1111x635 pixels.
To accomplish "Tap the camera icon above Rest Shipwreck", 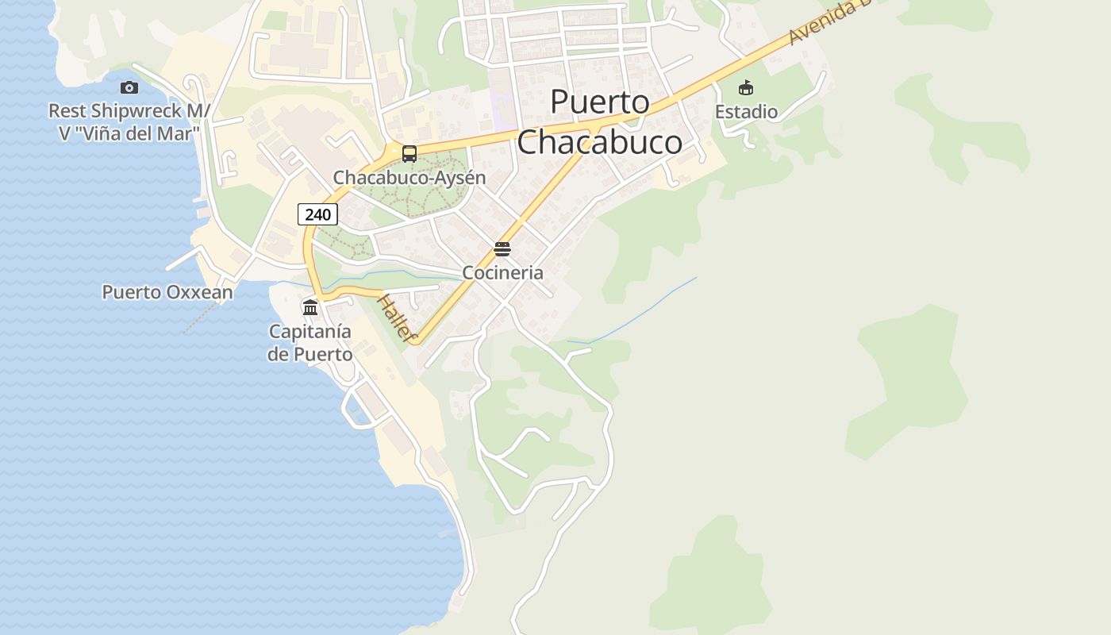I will (x=129, y=87).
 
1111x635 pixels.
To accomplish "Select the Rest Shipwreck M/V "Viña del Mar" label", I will (x=129, y=121).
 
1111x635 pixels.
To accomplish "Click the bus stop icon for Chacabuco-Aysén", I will (x=409, y=154).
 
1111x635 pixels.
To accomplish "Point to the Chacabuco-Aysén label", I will (x=409, y=177).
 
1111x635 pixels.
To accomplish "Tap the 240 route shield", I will (x=318, y=214).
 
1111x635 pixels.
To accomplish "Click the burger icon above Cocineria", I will (x=502, y=249).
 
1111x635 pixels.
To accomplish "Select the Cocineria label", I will (x=502, y=272).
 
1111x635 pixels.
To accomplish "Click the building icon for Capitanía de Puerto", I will (x=310, y=307).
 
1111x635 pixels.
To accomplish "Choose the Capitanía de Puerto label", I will (x=310, y=342).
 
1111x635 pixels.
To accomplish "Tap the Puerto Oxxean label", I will (x=167, y=292).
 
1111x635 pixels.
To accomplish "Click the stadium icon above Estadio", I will (x=746, y=87).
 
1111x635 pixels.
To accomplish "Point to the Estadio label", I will (x=746, y=111).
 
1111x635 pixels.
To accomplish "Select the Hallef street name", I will (x=397, y=318).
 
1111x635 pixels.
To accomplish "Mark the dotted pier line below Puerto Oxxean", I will (x=198, y=318).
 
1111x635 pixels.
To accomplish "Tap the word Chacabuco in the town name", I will (x=599, y=142).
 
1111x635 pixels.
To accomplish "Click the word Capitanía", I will (x=310, y=331).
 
